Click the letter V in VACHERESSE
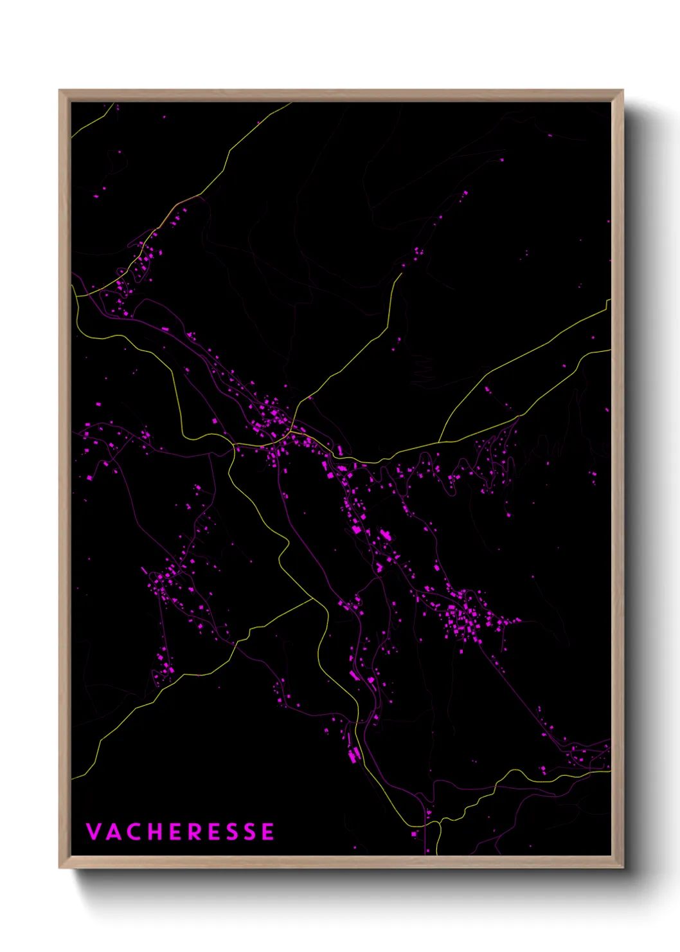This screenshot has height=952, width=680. click(x=94, y=832)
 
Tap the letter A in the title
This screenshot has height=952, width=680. click(x=114, y=832)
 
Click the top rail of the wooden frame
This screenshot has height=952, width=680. click(x=341, y=96)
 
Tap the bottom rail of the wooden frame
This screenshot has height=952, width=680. click(x=341, y=862)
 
